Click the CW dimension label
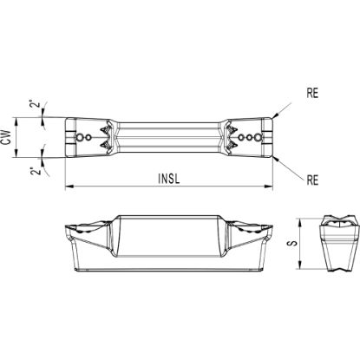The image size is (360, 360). coord(8,137)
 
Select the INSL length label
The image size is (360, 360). coord(169,179)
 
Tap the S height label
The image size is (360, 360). coord(293,244)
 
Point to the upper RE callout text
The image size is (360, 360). coord(312,93)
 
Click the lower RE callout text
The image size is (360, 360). coord(312,180)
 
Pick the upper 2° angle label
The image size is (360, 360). coord(35,104)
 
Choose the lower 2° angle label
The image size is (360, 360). coord(35,171)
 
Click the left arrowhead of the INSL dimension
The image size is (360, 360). coord(69,187)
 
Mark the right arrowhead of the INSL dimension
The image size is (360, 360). coord(269,187)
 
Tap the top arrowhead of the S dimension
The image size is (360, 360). coord(300,222)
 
